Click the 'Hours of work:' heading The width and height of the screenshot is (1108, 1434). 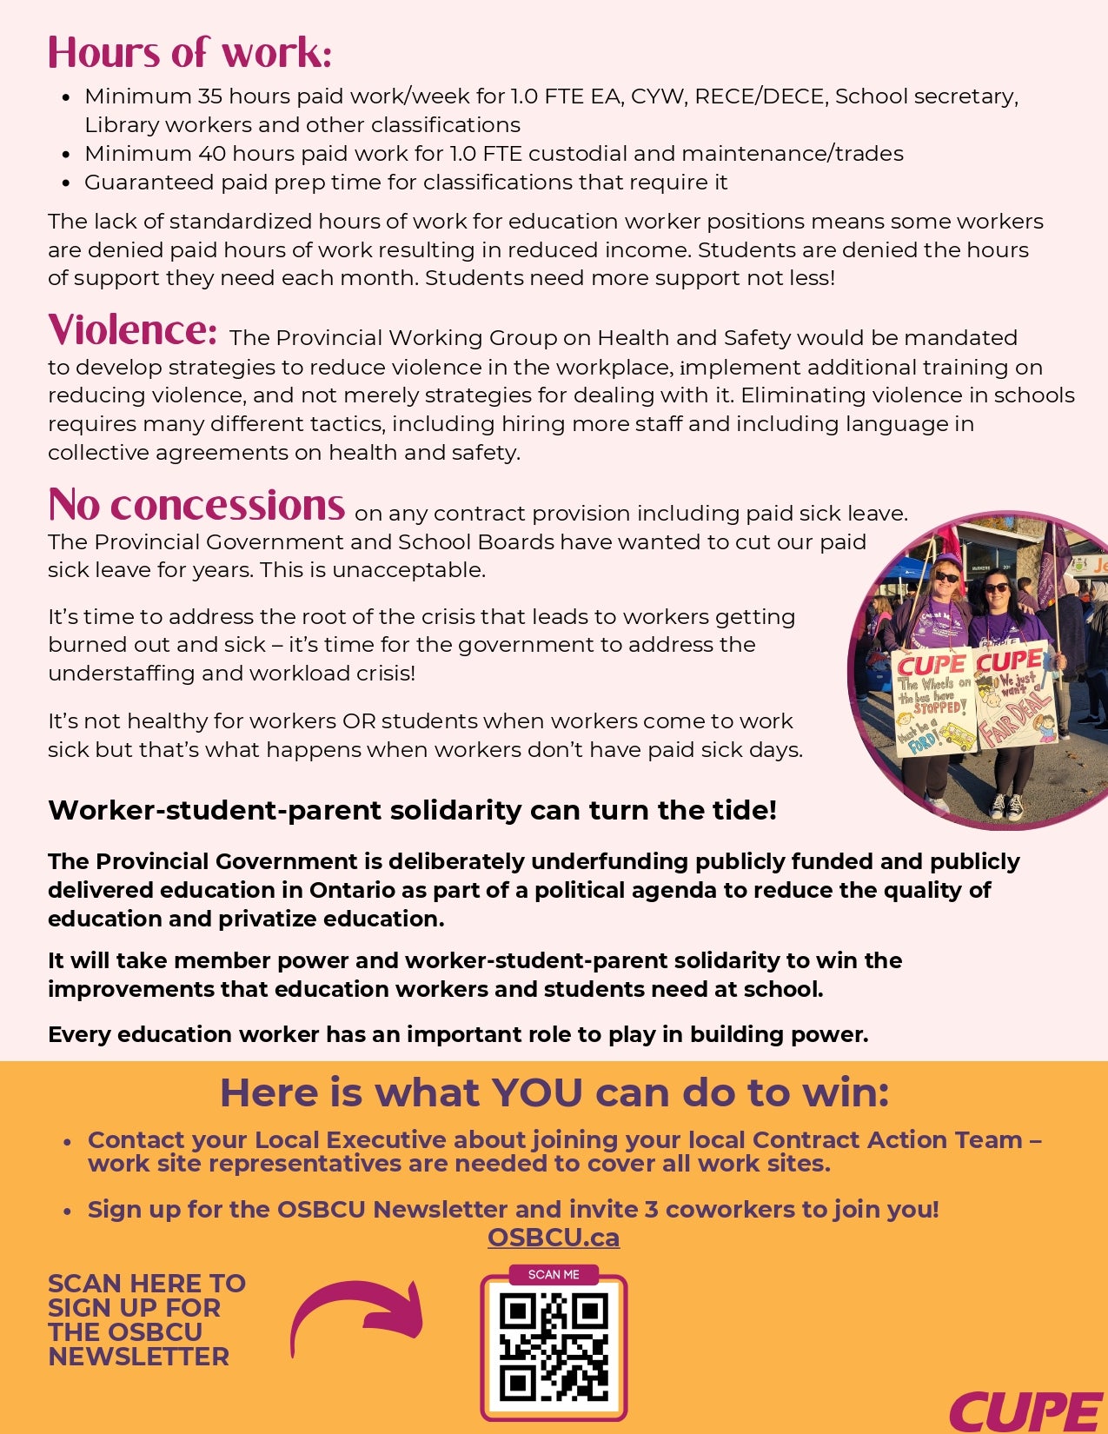tap(189, 52)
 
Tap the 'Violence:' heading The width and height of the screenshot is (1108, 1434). tap(132, 330)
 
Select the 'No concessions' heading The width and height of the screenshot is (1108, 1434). tap(196, 505)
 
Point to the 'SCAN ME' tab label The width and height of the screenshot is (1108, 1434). tap(554, 1275)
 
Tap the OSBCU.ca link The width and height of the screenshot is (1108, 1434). tap(554, 1238)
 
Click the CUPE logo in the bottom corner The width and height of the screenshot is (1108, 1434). tap(1025, 1411)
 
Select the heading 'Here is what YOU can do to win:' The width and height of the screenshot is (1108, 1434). tap(554, 1092)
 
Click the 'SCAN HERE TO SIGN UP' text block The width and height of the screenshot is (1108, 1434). tap(146, 1319)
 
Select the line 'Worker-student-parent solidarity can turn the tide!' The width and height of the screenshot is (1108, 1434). tap(412, 810)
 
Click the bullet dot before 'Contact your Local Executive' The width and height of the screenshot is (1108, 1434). tap(67, 1142)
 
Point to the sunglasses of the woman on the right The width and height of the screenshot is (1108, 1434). tap(996, 588)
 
